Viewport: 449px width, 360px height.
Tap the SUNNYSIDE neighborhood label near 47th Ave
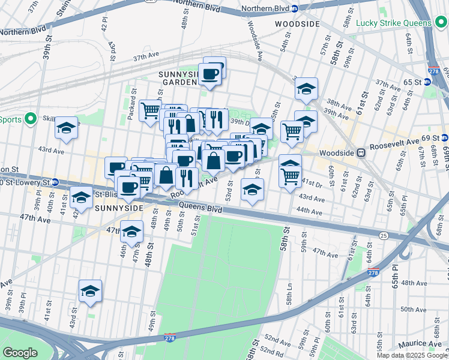click(118, 208)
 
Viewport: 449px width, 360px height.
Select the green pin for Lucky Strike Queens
click(349, 23)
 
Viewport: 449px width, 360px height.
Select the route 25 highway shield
click(383, 235)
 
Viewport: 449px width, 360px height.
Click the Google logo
click(20, 352)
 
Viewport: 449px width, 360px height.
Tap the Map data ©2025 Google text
click(412, 355)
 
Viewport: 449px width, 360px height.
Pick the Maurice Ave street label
click(421, 343)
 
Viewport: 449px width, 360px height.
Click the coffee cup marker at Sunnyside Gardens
click(209, 74)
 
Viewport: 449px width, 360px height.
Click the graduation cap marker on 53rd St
click(252, 190)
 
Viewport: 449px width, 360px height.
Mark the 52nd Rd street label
click(271, 352)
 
